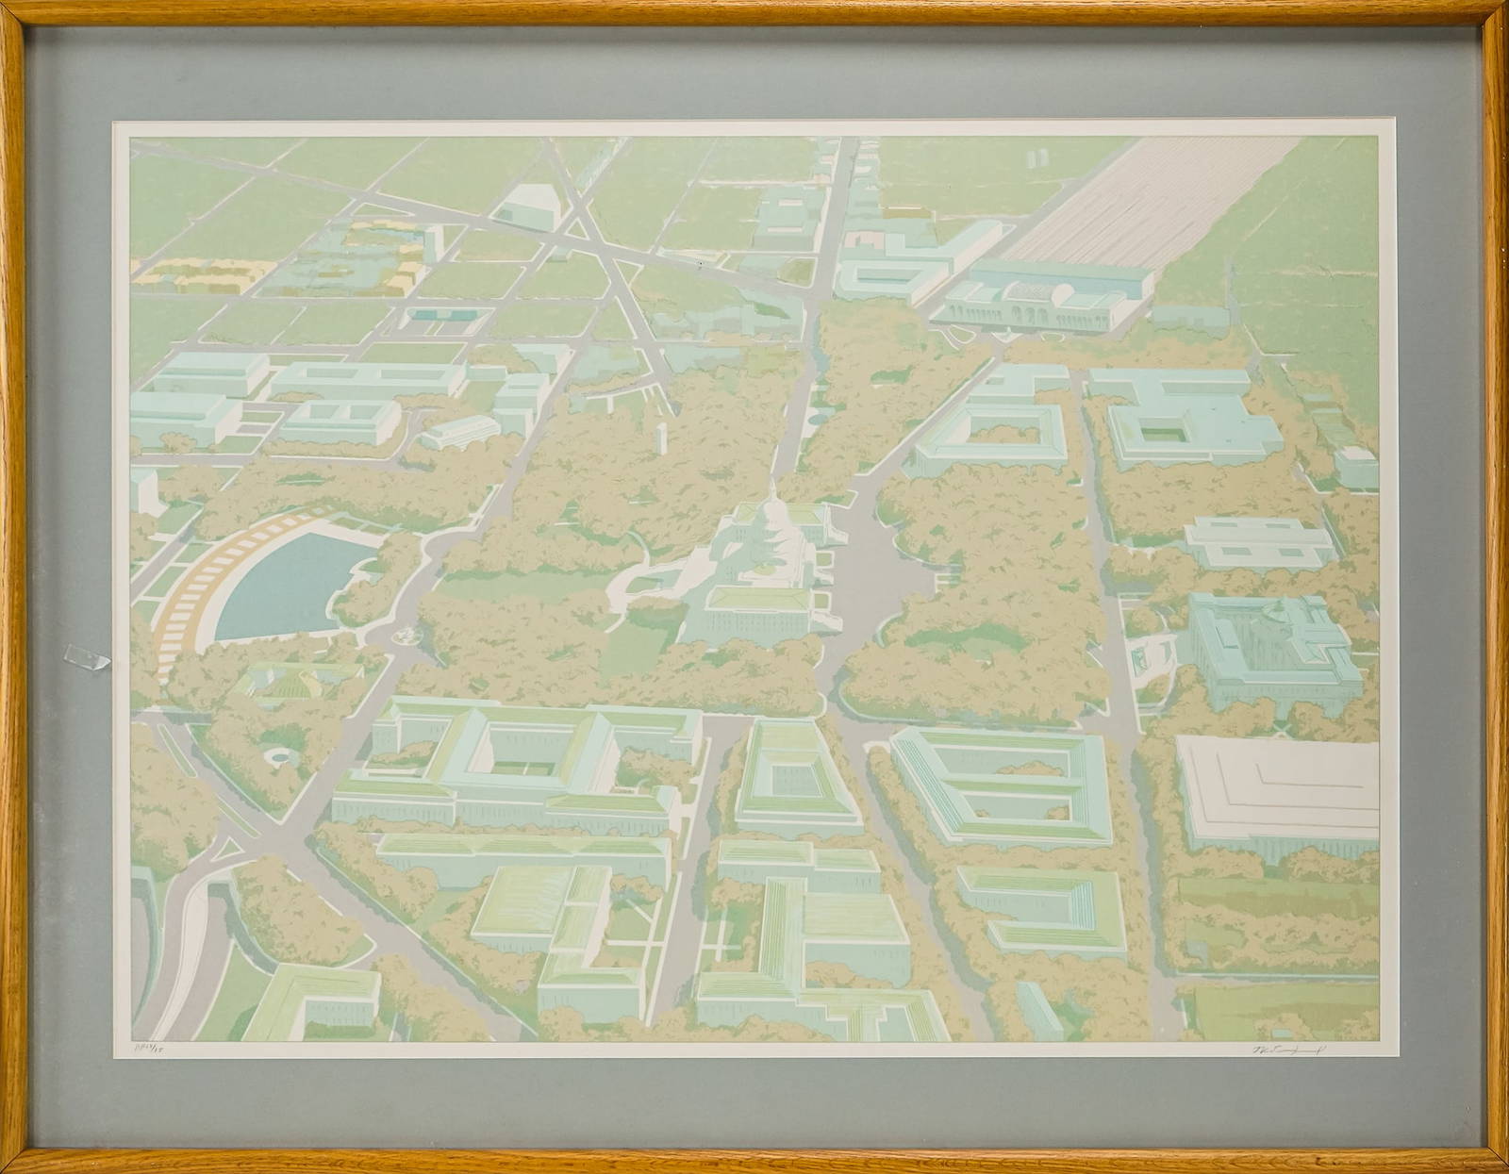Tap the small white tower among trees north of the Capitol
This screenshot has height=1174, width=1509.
coord(662,439)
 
